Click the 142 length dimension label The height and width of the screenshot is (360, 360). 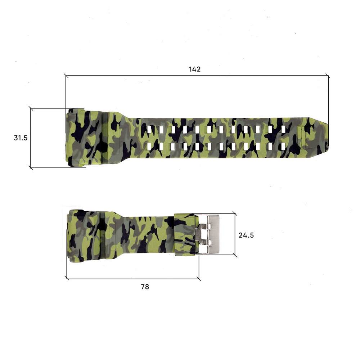click(x=195, y=69)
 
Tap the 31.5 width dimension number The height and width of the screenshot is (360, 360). click(x=21, y=138)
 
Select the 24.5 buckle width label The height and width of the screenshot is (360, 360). click(x=246, y=235)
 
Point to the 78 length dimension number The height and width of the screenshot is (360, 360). click(x=145, y=287)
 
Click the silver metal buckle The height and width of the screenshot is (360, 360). click(x=212, y=234)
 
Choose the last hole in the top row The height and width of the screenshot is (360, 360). click(x=283, y=129)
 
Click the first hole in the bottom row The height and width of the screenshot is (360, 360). click(x=150, y=147)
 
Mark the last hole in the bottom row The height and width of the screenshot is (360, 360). click(x=283, y=147)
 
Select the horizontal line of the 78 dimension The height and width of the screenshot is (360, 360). click(x=133, y=278)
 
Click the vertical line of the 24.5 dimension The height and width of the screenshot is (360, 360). click(x=235, y=234)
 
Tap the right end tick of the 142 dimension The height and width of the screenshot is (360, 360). click(x=328, y=76)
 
